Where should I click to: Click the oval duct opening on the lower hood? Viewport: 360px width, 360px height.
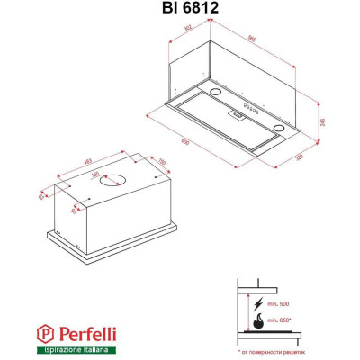click(x=112, y=179)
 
